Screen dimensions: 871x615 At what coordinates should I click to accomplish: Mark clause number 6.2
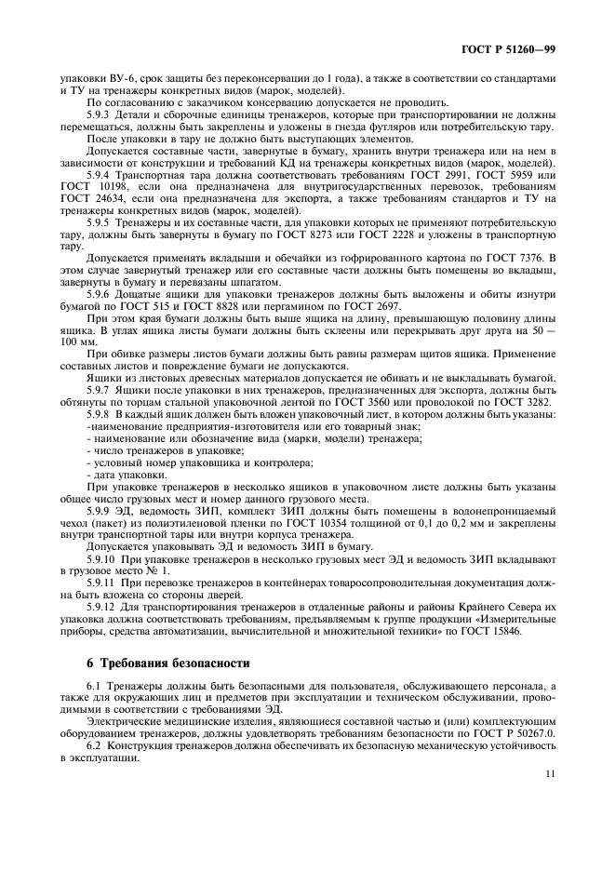point(94,747)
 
